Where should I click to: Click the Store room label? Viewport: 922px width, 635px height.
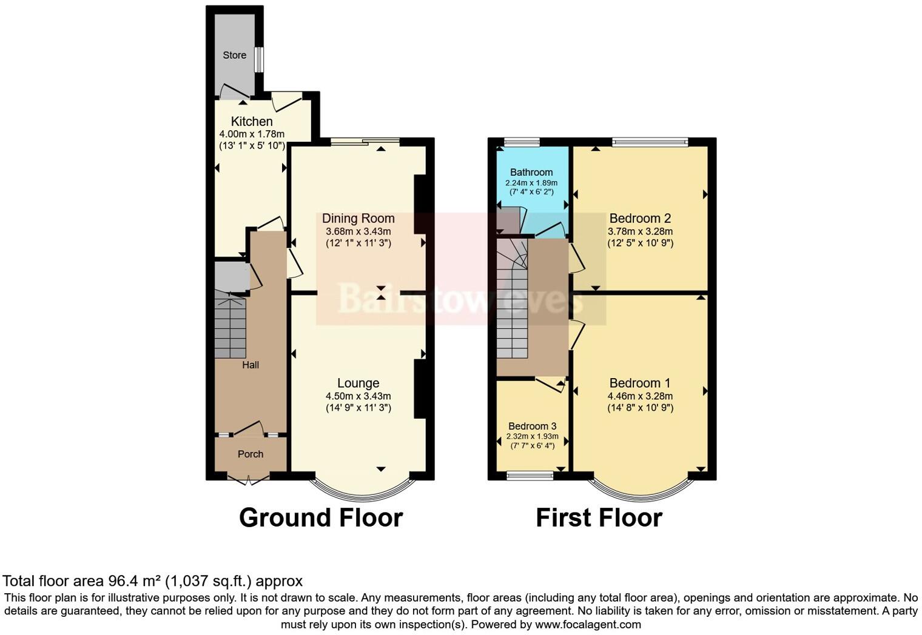click(x=234, y=55)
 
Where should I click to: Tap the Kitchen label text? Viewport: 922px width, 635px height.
click(x=251, y=121)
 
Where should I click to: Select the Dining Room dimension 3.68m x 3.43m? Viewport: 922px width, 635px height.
click(x=358, y=231)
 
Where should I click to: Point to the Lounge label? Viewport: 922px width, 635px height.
click(x=358, y=383)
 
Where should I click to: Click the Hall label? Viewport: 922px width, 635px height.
click(x=251, y=365)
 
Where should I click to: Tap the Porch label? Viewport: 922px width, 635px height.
click(x=251, y=454)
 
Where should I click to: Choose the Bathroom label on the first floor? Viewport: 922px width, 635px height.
click(x=531, y=172)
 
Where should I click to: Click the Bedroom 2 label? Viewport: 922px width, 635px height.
click(x=640, y=218)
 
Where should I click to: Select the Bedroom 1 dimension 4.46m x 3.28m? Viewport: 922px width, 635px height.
click(x=640, y=396)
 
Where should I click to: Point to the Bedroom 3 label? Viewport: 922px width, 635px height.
click(x=532, y=426)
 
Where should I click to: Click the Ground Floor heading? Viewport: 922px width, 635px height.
click(x=321, y=518)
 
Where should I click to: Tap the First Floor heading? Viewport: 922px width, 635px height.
click(x=599, y=518)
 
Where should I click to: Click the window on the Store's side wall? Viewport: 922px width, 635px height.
click(x=259, y=60)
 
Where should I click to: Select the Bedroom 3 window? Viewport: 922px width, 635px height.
click(x=530, y=476)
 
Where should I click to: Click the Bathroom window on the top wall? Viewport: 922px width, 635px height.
click(x=522, y=142)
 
